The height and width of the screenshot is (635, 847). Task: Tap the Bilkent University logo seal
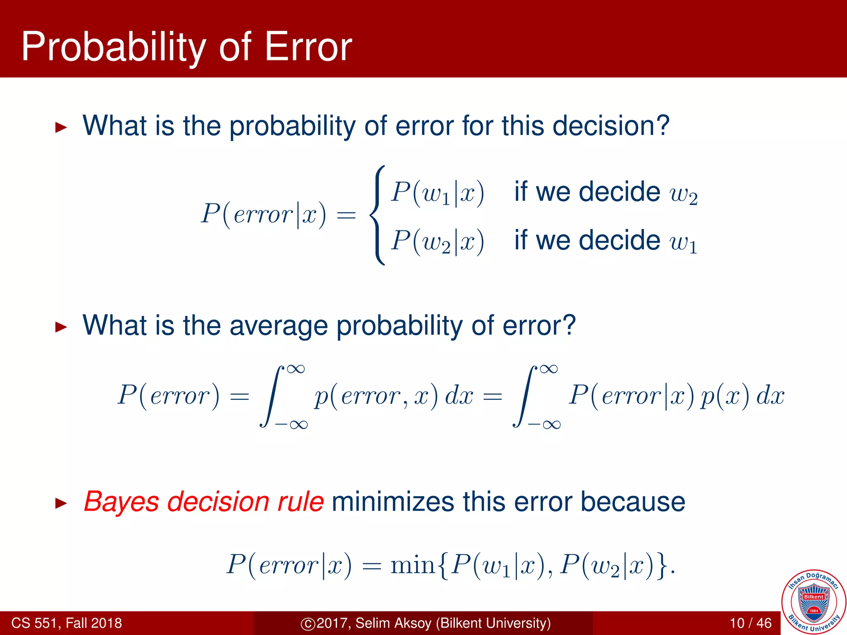pyautogui.click(x=813, y=602)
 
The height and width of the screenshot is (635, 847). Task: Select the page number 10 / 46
pyautogui.click(x=751, y=623)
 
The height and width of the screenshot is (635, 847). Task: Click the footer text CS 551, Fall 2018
pyautogui.click(x=67, y=623)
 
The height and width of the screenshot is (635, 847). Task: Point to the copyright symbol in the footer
pyautogui.click(x=308, y=623)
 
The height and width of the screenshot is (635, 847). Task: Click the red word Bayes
pyautogui.click(x=121, y=502)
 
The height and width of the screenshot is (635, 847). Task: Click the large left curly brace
pyautogui.click(x=377, y=215)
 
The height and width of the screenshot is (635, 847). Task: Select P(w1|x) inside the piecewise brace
pyautogui.click(x=438, y=192)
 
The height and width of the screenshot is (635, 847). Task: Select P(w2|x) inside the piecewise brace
pyautogui.click(x=438, y=241)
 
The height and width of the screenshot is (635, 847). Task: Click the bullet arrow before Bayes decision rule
pyautogui.click(x=61, y=503)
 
